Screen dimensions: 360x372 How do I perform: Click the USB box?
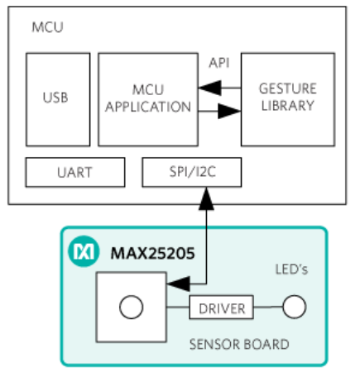pos(58,99)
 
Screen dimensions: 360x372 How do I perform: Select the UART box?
pos(75,172)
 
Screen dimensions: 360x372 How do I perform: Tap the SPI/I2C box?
pos(192,172)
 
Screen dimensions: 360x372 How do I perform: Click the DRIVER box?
pos(221,308)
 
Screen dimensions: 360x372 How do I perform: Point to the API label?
pos(219,63)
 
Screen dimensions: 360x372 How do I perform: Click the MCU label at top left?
pos(47,27)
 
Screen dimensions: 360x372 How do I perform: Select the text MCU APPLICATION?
pos(148,98)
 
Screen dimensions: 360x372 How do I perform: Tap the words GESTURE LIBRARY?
pos(288,97)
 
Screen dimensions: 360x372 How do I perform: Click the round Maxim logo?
pos(84,251)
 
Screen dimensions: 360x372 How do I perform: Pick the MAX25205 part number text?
pos(152,253)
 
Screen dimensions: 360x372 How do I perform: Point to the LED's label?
pos(291,269)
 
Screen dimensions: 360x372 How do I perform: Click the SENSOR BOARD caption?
pos(239,345)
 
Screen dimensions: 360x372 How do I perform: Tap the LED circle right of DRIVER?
pos(295,307)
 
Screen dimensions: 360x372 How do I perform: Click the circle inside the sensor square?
pos(132,307)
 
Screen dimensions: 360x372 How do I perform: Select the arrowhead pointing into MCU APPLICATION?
pos(209,88)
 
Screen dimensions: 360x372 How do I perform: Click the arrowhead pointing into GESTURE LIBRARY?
pos(229,111)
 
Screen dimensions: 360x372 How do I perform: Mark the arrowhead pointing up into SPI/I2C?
pos(206,198)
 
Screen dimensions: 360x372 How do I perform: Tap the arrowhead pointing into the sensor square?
pos(179,284)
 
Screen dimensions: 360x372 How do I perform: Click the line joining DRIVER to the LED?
pos(268,307)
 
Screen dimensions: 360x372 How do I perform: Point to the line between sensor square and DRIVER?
pos(178,307)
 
